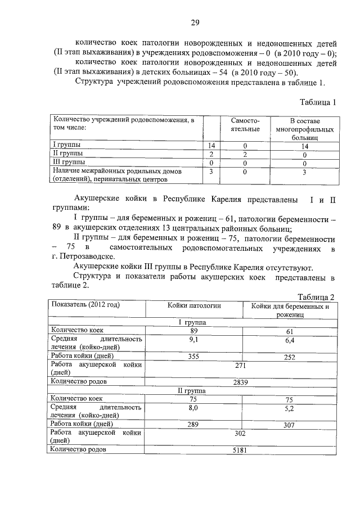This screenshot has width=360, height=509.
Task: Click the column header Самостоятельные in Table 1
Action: pyautogui.click(x=245, y=125)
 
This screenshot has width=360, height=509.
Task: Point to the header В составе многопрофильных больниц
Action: pyautogui.click(x=305, y=129)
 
